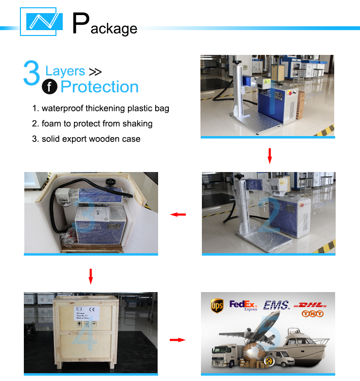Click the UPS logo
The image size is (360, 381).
tap(217, 306)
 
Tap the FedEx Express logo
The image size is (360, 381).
tap(243, 305)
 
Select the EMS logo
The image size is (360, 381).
tap(276, 305)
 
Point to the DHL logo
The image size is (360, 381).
tap(312, 304)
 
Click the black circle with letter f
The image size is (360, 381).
tap(50, 87)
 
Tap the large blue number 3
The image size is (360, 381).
tap(32, 74)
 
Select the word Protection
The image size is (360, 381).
tap(100, 87)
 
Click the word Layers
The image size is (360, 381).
tap(65, 71)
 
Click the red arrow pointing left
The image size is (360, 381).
tap(178, 214)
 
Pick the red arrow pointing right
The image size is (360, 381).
tap(178, 340)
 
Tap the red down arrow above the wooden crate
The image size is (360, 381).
tap(90, 276)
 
